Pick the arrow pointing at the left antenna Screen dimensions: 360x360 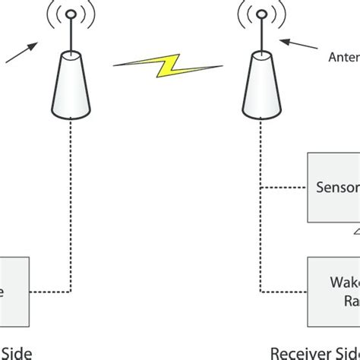(22, 55)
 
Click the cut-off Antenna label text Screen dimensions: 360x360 (343, 56)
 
